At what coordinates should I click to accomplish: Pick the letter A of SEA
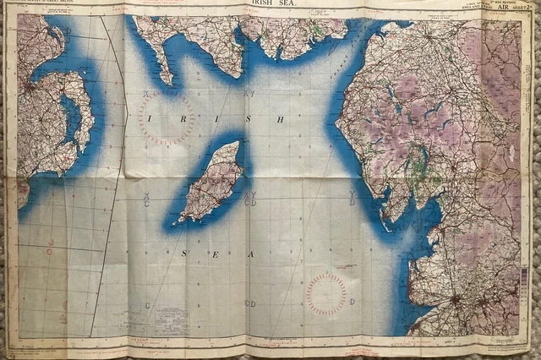[249, 253]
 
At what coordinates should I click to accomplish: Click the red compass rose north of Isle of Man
[167, 118]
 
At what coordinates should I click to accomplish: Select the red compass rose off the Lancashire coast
[326, 294]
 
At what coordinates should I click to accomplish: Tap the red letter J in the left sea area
[50, 243]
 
